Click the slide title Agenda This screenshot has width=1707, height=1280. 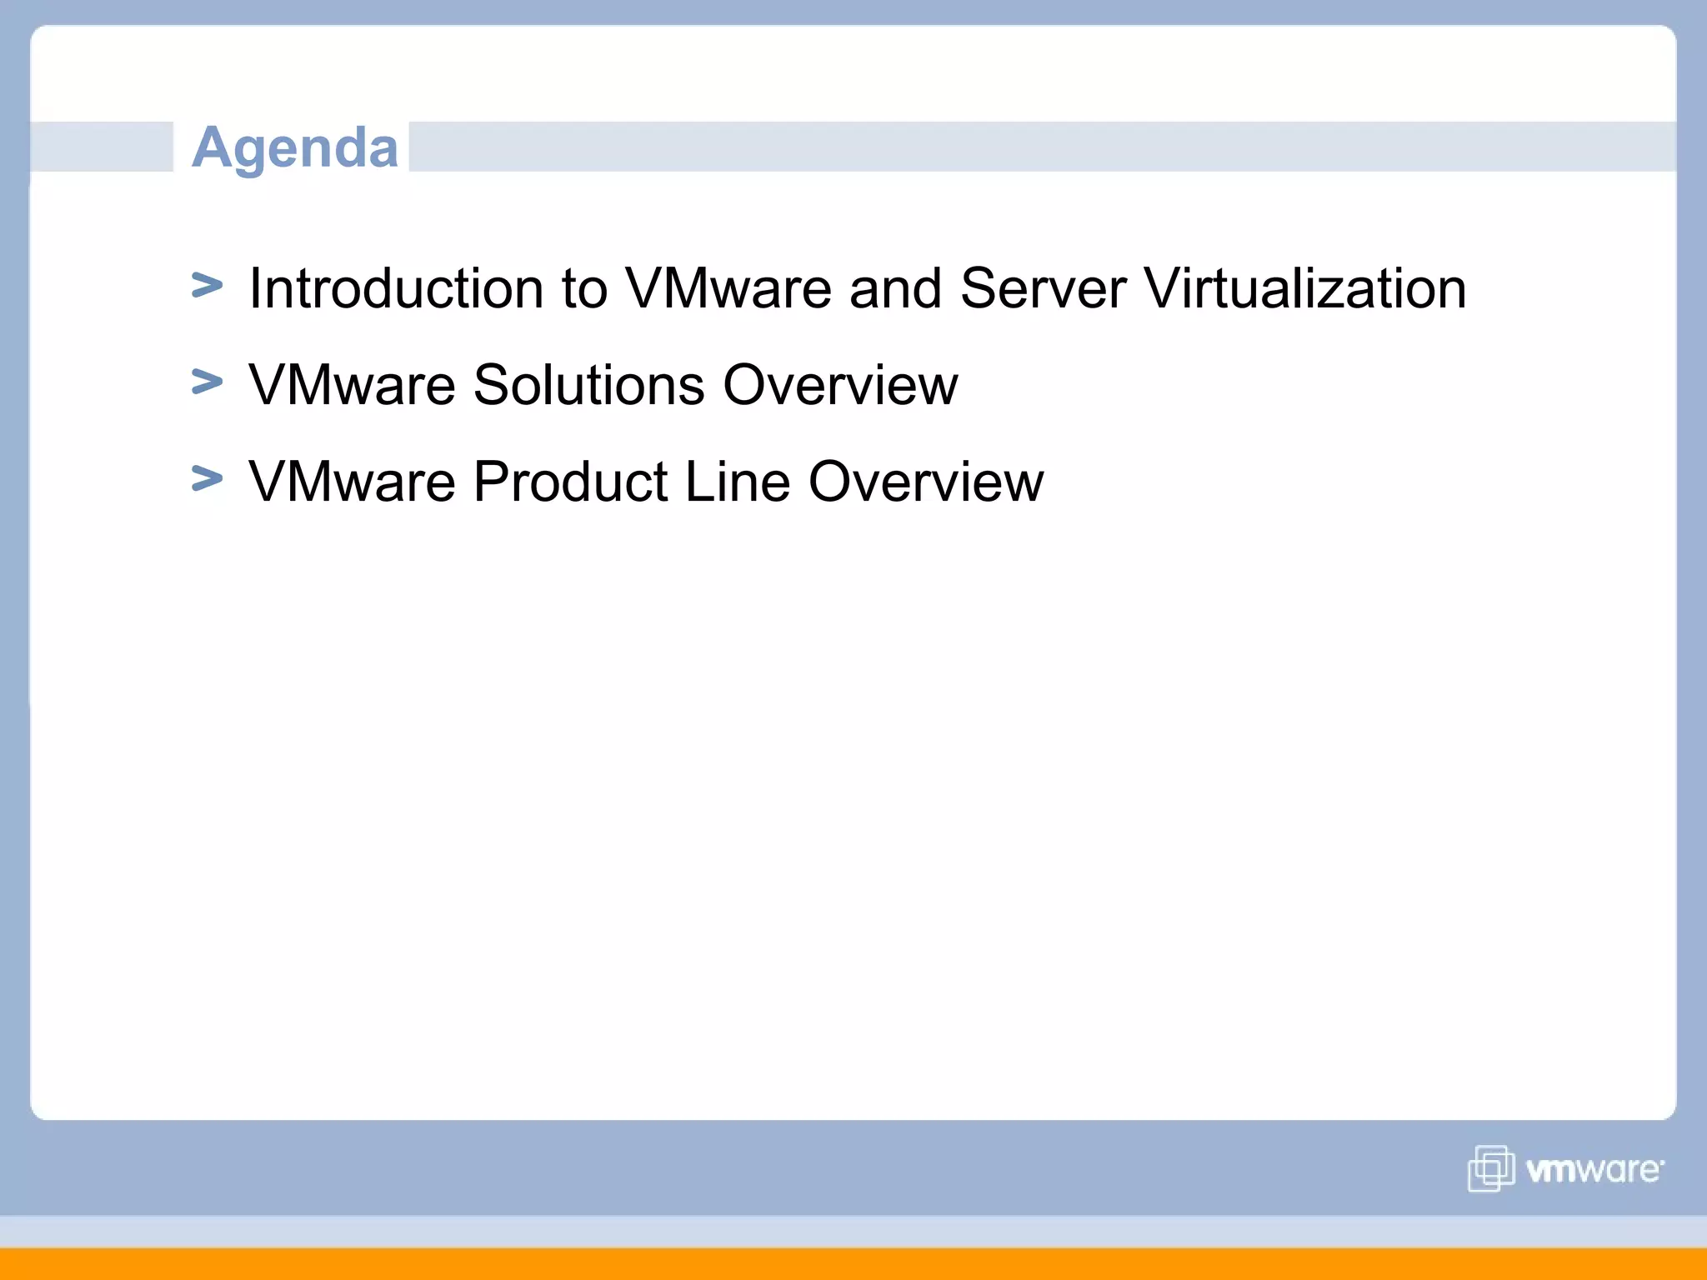[295, 147]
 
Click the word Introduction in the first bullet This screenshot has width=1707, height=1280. [396, 288]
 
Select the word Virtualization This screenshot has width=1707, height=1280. [1304, 288]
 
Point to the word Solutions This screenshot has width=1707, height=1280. [588, 385]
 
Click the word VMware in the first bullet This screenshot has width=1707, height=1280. [728, 288]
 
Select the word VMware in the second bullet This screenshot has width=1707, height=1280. [352, 385]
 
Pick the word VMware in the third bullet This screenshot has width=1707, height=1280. [352, 482]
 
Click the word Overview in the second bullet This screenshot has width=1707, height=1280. [840, 385]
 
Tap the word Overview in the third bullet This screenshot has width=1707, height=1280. [926, 482]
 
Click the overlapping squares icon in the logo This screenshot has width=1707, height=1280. [1490, 1168]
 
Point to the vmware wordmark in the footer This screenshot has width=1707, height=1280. [1594, 1170]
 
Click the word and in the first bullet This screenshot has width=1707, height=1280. [895, 288]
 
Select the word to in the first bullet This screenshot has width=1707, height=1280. [583, 288]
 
